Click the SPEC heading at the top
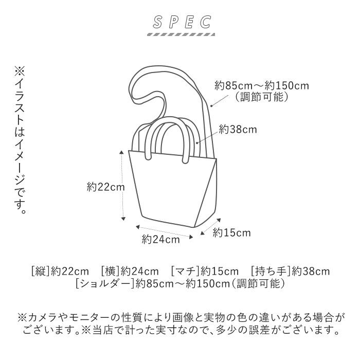pos(179,22)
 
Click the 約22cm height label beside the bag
pos(105,188)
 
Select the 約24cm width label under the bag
pos(161,239)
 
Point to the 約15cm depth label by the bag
pos(232,233)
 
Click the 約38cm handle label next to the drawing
pos(238,130)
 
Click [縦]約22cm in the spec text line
pos(60,271)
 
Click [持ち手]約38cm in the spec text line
pos(290,271)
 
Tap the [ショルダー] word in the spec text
pos(105,283)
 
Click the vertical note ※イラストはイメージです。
pos(19,139)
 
